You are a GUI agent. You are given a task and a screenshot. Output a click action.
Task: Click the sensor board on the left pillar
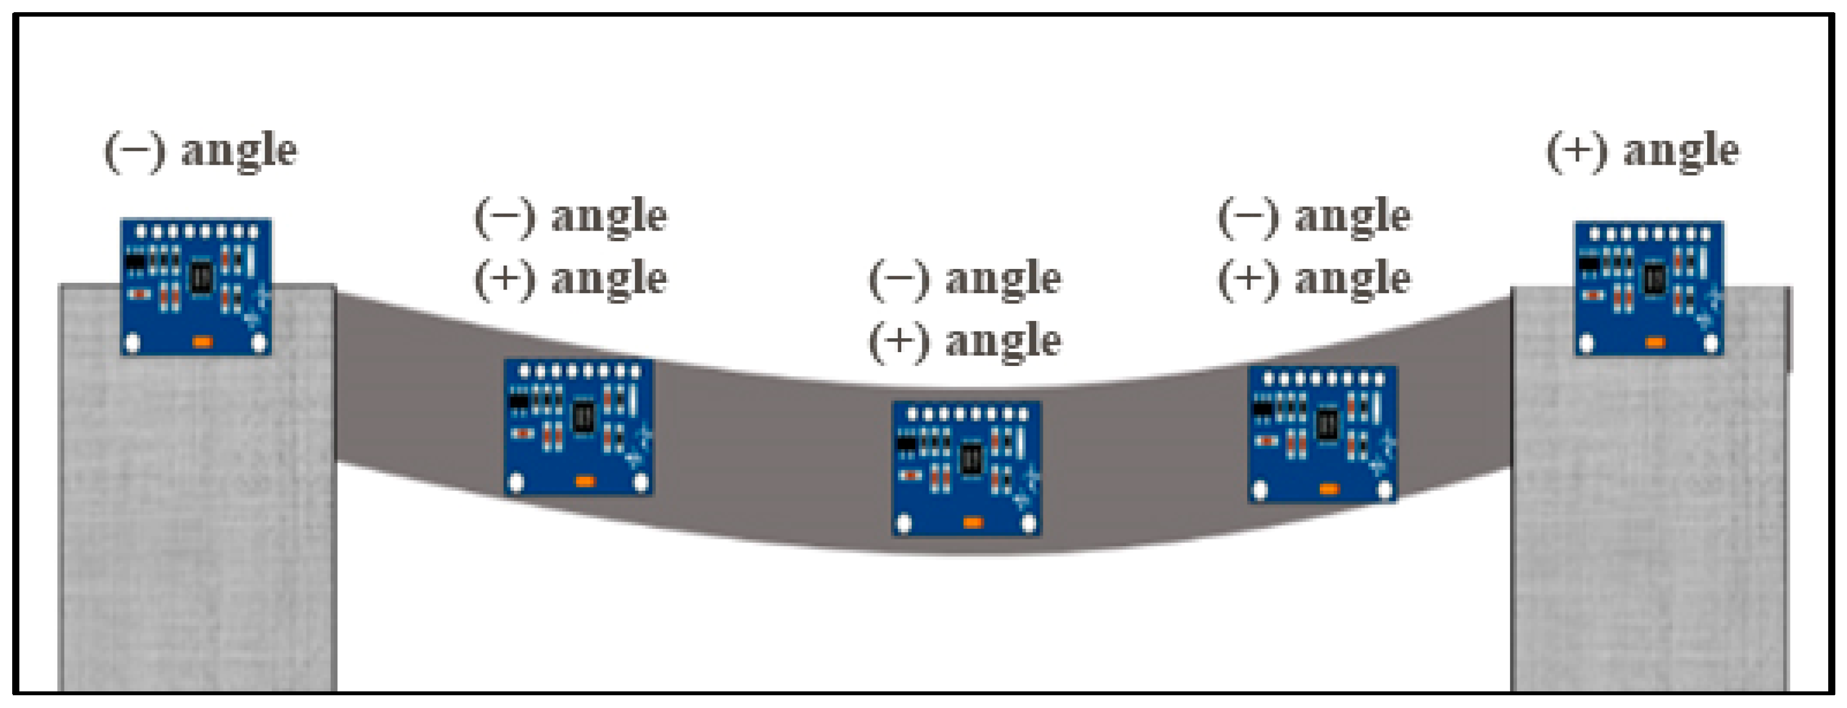196,287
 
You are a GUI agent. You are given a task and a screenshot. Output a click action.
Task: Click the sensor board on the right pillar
1648,288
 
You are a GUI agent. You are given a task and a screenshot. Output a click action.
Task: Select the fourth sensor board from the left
1322,434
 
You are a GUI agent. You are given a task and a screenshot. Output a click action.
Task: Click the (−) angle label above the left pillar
201,150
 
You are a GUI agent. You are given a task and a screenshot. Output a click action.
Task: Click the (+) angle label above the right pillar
1642,150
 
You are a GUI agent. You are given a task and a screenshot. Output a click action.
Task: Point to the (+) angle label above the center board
965,340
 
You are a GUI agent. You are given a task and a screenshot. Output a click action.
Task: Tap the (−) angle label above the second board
571,216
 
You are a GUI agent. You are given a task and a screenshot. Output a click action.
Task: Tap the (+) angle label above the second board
571,278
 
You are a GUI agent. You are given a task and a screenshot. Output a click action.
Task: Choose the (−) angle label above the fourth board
1314,216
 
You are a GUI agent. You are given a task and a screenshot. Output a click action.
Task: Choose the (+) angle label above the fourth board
1314,278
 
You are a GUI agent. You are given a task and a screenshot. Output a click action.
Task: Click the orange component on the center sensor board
972,522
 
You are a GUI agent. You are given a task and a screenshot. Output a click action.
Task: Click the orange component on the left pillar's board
202,342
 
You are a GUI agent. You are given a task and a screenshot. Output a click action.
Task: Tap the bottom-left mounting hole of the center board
904,524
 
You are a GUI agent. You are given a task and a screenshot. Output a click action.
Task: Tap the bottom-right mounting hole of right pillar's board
1711,344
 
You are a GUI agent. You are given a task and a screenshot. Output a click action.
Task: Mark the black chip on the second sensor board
583,416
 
